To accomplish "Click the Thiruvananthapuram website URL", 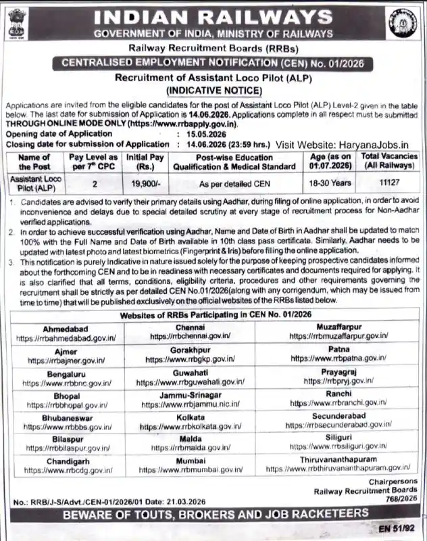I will click(x=338, y=467).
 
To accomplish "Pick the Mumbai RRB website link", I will click(x=191, y=467).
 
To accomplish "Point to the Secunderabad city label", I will click(x=338, y=416).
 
